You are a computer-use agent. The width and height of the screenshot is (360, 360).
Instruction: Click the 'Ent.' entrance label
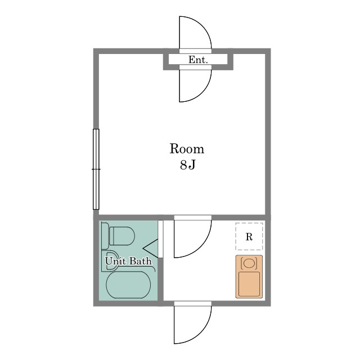[x=198, y=60]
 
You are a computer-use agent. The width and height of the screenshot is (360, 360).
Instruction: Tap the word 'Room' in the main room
[x=187, y=148]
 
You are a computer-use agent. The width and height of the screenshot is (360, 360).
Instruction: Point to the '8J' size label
[x=187, y=165]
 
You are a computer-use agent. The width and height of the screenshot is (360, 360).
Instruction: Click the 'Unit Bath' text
[x=129, y=261]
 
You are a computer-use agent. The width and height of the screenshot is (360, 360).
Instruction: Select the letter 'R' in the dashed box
[x=249, y=236]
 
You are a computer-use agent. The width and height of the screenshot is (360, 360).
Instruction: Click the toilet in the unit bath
[x=118, y=236]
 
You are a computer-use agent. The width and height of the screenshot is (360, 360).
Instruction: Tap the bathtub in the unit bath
[x=128, y=285]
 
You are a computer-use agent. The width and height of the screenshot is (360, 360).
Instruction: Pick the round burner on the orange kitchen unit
[x=249, y=263]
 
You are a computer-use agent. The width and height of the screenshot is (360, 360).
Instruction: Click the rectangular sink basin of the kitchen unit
[x=249, y=284]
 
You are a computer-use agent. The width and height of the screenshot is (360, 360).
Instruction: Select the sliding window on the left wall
[x=96, y=169]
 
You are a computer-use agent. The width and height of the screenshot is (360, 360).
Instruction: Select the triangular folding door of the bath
[x=150, y=248]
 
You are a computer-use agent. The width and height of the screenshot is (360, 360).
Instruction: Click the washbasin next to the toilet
[x=110, y=261]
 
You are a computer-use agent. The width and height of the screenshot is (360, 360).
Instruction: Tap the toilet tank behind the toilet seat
[x=105, y=236]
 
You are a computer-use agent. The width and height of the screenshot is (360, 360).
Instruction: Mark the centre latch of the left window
[x=96, y=169]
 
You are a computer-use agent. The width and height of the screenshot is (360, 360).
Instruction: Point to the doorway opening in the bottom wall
[x=192, y=304]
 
